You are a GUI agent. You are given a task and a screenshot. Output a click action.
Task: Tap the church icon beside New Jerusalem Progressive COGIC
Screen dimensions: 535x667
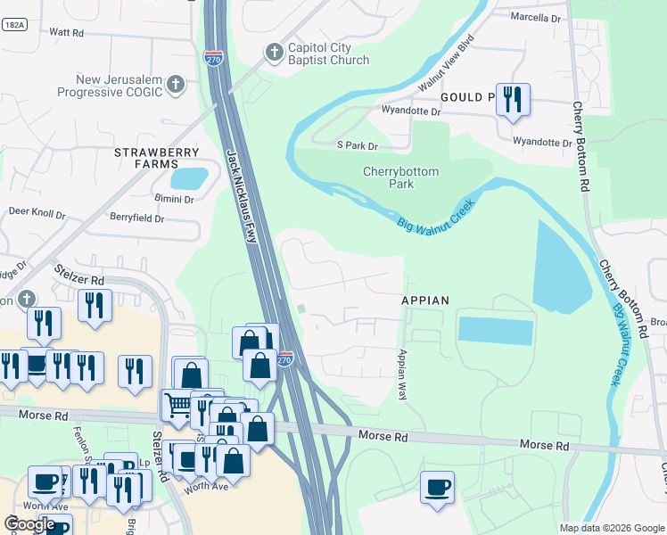tap(176, 85)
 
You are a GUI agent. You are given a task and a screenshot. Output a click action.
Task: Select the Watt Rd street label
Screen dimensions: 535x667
tap(66, 32)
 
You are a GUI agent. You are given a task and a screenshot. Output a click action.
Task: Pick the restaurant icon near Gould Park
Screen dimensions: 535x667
tap(513, 99)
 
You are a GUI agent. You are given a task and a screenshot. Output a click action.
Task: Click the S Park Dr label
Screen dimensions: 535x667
tap(357, 145)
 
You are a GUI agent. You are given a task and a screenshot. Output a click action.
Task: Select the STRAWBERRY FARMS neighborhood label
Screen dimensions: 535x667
tap(156, 158)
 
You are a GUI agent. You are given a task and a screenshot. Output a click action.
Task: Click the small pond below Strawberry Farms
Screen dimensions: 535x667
tap(189, 178)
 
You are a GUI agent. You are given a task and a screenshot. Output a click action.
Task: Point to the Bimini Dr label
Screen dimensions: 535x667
tap(173, 199)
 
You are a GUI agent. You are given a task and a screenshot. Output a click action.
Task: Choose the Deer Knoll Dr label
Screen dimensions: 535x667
tap(37, 214)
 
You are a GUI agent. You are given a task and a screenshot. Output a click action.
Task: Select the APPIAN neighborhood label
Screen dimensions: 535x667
tap(424, 300)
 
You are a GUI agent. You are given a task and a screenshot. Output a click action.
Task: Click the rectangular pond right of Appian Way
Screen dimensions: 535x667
tap(496, 330)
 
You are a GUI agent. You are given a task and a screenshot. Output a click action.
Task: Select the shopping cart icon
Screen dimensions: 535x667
tap(178, 406)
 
